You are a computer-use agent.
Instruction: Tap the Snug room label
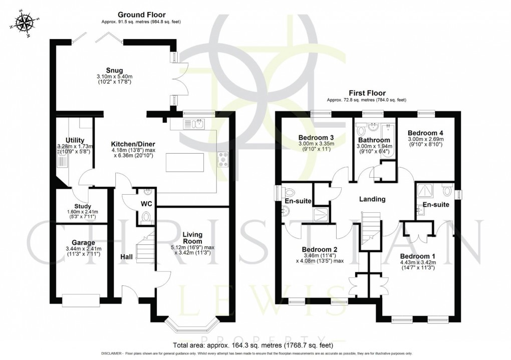114,70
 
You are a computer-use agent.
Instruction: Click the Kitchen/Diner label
131,144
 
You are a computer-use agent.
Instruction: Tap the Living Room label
192,238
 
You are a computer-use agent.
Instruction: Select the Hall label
127,257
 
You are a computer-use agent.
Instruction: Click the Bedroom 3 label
316,138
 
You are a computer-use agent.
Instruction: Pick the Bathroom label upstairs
373,140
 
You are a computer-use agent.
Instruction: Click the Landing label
372,199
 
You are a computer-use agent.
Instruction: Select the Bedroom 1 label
417,256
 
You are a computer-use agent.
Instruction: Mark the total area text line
253,345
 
